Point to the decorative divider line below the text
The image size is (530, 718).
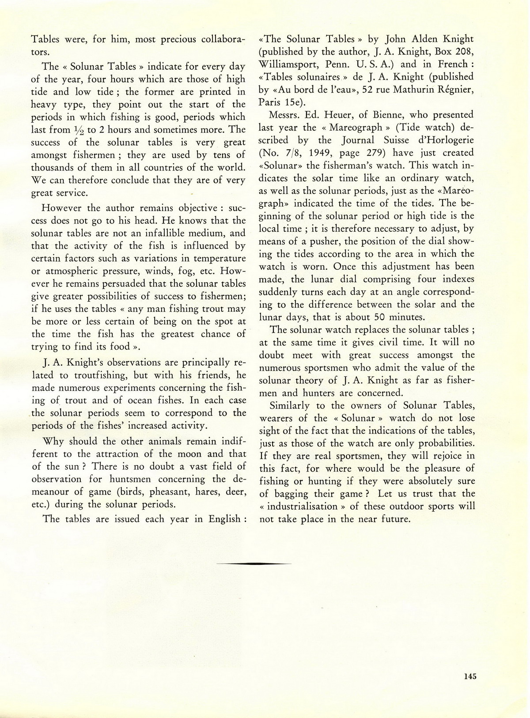254,563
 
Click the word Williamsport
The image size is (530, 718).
288,64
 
